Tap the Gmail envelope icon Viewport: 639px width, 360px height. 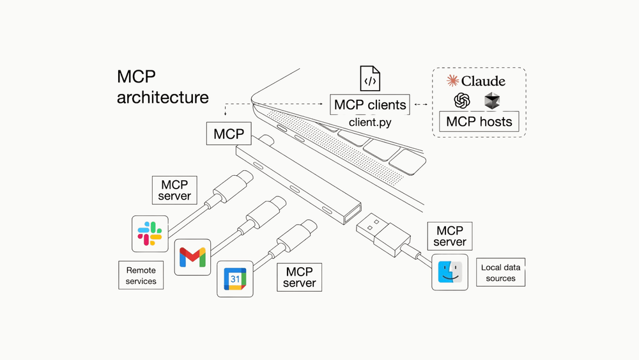(192, 256)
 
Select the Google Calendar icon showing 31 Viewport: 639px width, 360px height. (235, 279)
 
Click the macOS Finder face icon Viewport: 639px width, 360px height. (450, 272)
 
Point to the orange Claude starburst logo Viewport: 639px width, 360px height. (452, 81)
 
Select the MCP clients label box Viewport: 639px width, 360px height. (369, 104)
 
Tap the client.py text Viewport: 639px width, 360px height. (369, 121)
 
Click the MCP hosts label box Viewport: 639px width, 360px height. (479, 121)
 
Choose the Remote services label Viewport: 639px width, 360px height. (141, 276)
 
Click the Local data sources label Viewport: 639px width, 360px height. (500, 272)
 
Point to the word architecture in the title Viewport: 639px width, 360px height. (162, 97)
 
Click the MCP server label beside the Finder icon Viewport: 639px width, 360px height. (450, 236)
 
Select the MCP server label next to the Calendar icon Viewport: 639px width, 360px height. (299, 278)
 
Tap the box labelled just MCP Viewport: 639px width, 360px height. (229, 134)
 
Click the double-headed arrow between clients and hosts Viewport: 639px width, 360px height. (420, 104)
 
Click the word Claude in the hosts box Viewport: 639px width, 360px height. (483, 81)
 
